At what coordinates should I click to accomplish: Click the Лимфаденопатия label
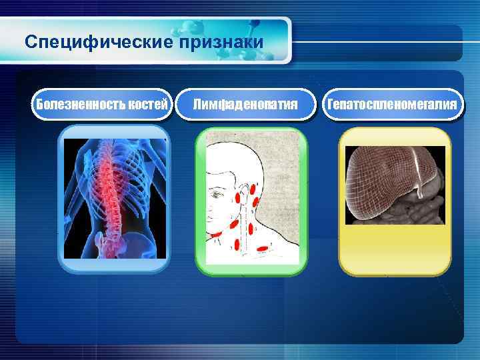coord(245,105)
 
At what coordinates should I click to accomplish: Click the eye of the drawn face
coord(219,192)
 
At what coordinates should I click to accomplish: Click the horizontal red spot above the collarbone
coord(263,248)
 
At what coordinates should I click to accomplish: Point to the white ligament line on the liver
coord(419,170)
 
